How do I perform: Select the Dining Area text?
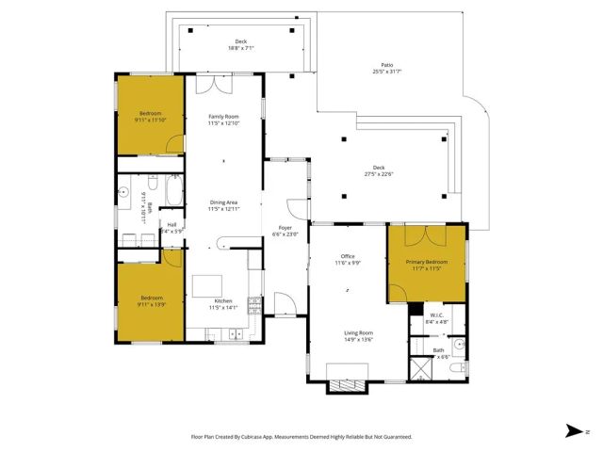(x=224, y=205)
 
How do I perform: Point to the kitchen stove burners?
(x=253, y=304)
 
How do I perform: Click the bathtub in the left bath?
(x=171, y=193)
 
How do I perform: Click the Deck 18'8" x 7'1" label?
(x=240, y=44)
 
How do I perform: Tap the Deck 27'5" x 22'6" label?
(x=379, y=170)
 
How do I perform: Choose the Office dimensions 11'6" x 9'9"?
(x=347, y=263)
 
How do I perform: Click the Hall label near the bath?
(x=171, y=227)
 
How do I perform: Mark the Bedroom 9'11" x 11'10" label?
(x=150, y=117)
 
